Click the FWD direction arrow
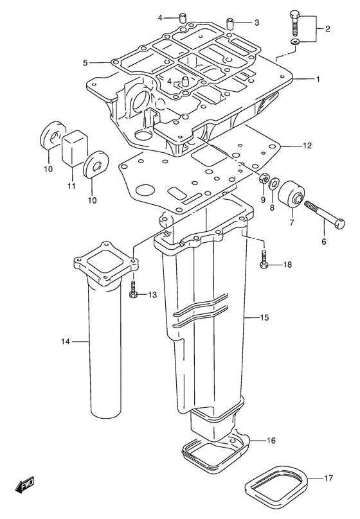click(24, 485)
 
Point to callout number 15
click(264, 318)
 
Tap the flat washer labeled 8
click(274, 183)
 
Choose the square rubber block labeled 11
click(75, 147)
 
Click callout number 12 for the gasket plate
click(307, 145)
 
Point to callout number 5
click(85, 62)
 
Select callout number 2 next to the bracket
click(328, 29)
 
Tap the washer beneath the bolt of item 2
click(296, 42)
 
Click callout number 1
click(318, 80)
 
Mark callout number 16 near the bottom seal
click(271, 441)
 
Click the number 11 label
click(71, 186)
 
